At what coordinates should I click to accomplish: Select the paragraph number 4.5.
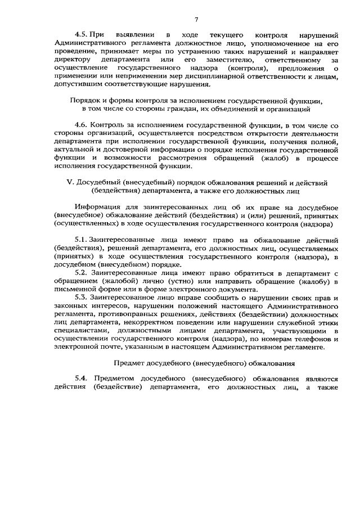(83, 34)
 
